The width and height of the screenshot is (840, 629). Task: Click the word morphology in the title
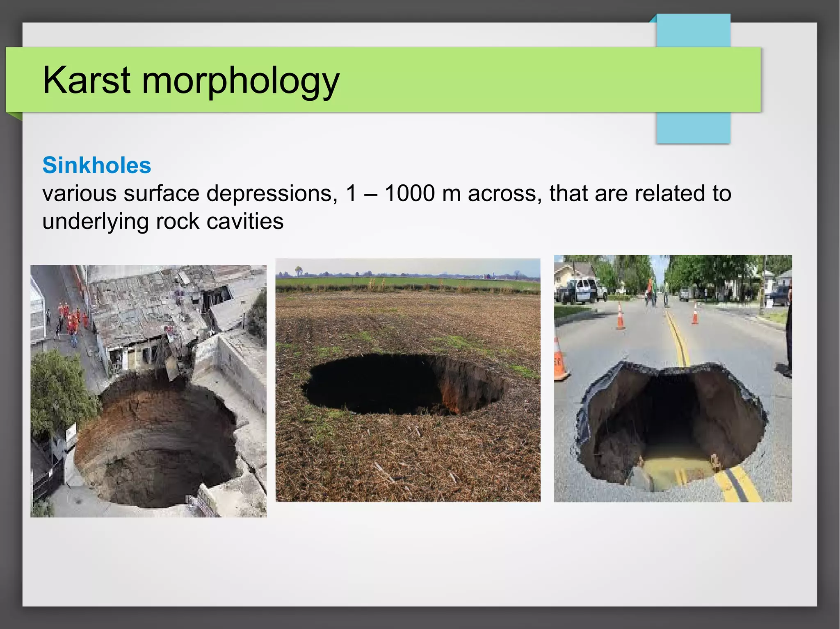click(240, 81)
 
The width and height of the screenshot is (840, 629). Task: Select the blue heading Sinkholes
click(97, 165)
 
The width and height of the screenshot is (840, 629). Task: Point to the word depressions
click(272, 194)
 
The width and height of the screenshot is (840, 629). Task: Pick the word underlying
click(95, 222)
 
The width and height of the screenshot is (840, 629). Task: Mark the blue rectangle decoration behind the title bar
click(693, 127)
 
